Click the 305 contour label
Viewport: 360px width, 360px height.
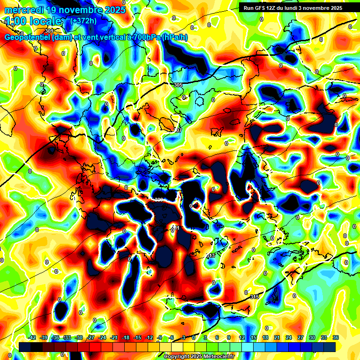178,85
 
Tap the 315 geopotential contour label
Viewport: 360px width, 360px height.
255,297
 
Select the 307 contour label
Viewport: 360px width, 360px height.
178,130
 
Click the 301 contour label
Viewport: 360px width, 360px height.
49,31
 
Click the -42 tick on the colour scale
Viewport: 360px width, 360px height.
32,337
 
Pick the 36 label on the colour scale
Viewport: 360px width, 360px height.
336,337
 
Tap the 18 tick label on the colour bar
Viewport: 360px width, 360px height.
265,337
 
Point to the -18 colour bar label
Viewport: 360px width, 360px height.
126,337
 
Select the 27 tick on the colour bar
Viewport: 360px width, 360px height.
300,337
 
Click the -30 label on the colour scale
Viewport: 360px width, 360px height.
79,337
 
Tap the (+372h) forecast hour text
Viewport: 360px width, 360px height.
84,21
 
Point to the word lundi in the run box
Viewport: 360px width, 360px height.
296,8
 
